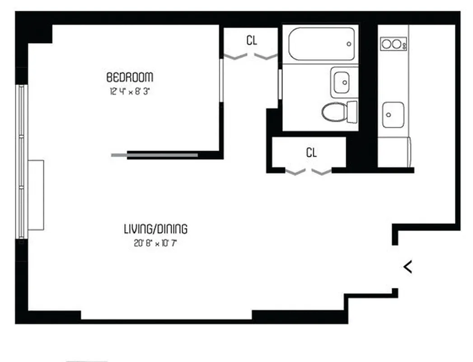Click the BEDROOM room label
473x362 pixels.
(130, 76)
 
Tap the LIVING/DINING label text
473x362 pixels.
(155, 229)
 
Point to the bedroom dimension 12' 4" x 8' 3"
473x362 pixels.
(129, 91)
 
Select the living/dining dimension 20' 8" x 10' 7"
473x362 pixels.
(155, 243)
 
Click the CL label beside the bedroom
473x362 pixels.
(252, 40)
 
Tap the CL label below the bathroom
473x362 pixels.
(311, 152)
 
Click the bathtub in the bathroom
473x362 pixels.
(322, 44)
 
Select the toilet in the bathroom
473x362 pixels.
(335, 111)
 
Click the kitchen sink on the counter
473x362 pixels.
(393, 114)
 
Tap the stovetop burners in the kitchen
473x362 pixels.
(392, 44)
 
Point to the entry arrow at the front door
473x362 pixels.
(407, 267)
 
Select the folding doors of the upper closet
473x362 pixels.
(251, 57)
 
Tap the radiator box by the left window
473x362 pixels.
(36, 195)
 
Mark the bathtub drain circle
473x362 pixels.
(349, 44)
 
